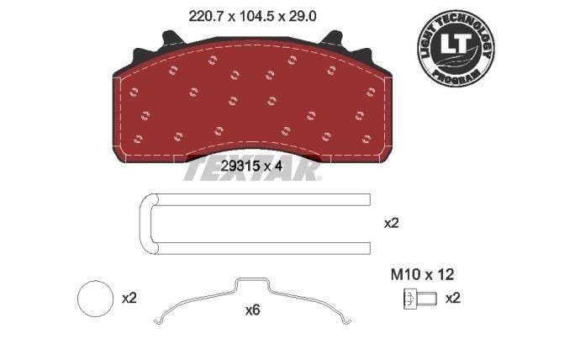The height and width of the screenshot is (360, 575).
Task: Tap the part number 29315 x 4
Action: pyautogui.click(x=251, y=166)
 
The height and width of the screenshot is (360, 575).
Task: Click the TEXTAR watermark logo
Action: pyautogui.click(x=251, y=172)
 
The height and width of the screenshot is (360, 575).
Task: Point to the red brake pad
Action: pyautogui.click(x=252, y=101)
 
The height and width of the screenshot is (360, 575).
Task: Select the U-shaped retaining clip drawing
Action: pyautogui.click(x=253, y=223)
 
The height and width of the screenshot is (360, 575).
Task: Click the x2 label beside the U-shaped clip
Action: pyautogui.click(x=391, y=223)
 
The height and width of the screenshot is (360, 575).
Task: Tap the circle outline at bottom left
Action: pyautogui.click(x=94, y=299)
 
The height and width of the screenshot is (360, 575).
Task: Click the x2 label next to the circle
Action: pyautogui.click(x=129, y=299)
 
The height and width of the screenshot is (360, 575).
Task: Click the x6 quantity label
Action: pyautogui.click(x=251, y=310)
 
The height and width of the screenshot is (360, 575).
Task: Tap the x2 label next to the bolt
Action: pyautogui.click(x=452, y=299)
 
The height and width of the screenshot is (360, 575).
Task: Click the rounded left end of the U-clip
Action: pyautogui.click(x=143, y=223)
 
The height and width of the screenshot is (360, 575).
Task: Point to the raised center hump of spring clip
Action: pyautogui.click(x=251, y=282)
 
